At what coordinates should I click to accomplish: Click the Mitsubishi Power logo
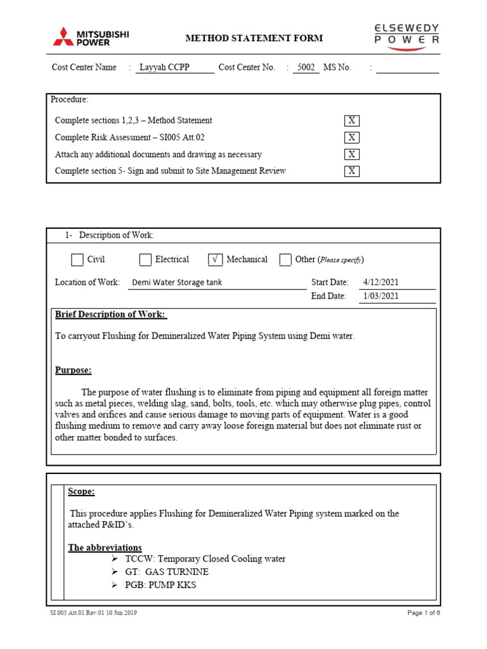91,37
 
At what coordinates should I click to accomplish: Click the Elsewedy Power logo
406,37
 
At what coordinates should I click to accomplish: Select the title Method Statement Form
254,39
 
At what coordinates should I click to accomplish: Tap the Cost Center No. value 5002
306,67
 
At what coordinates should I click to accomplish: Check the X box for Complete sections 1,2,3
351,120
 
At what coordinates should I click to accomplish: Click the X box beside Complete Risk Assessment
351,138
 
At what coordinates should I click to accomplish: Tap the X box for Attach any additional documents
351,154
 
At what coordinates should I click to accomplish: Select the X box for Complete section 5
351,171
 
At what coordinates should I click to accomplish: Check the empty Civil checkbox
77,259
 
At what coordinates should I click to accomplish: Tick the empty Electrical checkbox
145,259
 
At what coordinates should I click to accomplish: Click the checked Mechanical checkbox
215,259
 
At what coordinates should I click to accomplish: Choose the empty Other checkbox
285,259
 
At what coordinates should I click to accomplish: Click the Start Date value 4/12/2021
381,283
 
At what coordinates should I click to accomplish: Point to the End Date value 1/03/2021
381,297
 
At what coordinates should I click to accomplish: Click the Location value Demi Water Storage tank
176,283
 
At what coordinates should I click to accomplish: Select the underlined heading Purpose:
73,370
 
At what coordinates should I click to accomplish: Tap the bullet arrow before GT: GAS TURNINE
115,572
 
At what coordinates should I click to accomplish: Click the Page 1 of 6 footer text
423,613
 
